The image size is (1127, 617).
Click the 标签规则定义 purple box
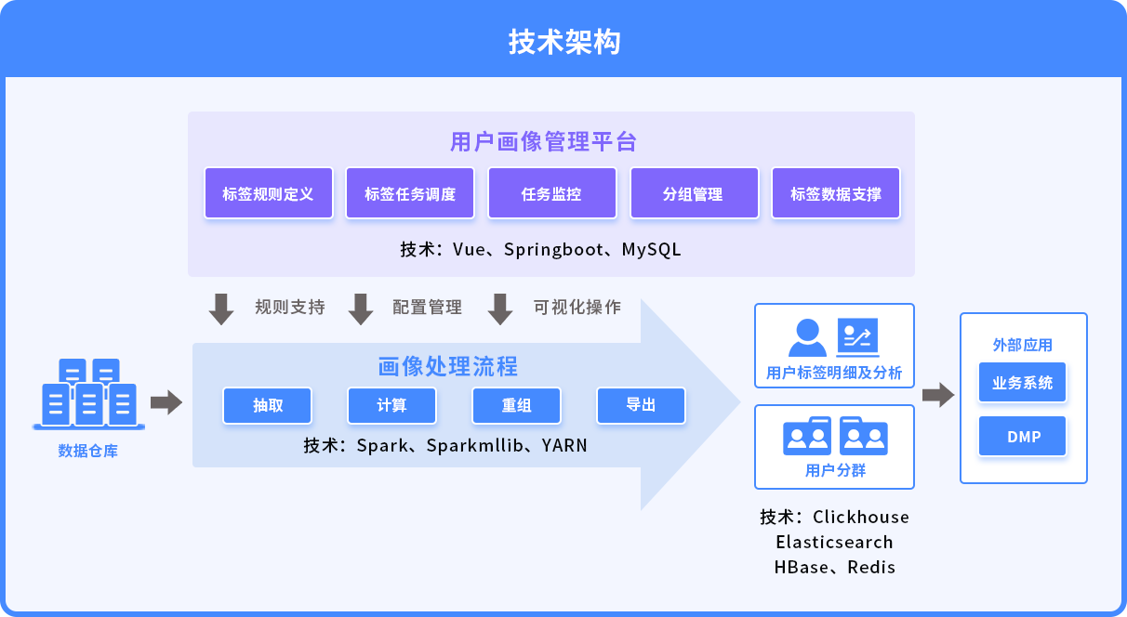tap(269, 193)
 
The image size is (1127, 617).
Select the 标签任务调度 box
tap(410, 193)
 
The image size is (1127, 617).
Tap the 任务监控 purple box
tap(552, 193)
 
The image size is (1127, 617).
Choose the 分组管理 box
tap(695, 193)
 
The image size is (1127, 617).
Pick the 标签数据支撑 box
tap(836, 193)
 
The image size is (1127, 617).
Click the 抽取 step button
tap(268, 405)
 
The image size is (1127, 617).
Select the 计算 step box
tap(391, 405)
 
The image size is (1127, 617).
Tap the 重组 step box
tap(516, 405)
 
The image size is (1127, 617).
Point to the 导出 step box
tap(641, 405)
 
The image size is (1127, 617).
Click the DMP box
tap(1022, 436)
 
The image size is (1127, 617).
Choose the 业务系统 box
tap(1022, 382)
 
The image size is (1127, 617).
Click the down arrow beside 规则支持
tap(221, 309)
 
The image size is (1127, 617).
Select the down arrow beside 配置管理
tap(361, 309)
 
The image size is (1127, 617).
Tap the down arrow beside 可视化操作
tap(500, 309)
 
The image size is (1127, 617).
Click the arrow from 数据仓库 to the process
tap(166, 402)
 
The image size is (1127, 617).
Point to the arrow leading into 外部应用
tap(938, 394)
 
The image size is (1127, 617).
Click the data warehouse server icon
tap(88, 394)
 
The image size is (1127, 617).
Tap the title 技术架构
tap(564, 41)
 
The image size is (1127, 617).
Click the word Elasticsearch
tap(834, 542)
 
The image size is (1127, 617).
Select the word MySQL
tap(652, 249)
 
